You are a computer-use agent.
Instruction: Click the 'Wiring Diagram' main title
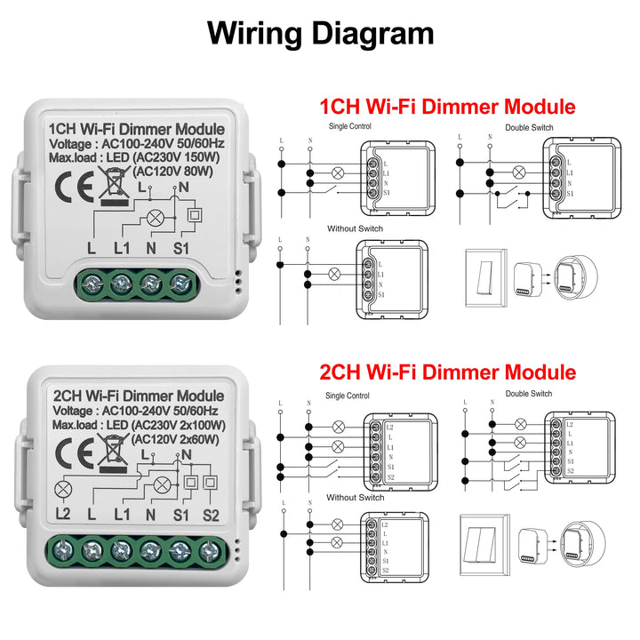(x=320, y=33)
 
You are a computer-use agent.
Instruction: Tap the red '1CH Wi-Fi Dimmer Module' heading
(x=447, y=108)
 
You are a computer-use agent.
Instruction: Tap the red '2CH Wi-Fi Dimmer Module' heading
(x=447, y=372)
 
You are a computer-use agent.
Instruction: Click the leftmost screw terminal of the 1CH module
(x=92, y=285)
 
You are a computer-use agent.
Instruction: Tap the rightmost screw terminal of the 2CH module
(x=210, y=551)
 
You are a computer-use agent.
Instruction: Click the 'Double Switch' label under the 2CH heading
(x=528, y=394)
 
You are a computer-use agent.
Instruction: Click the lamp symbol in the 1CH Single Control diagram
(x=337, y=172)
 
